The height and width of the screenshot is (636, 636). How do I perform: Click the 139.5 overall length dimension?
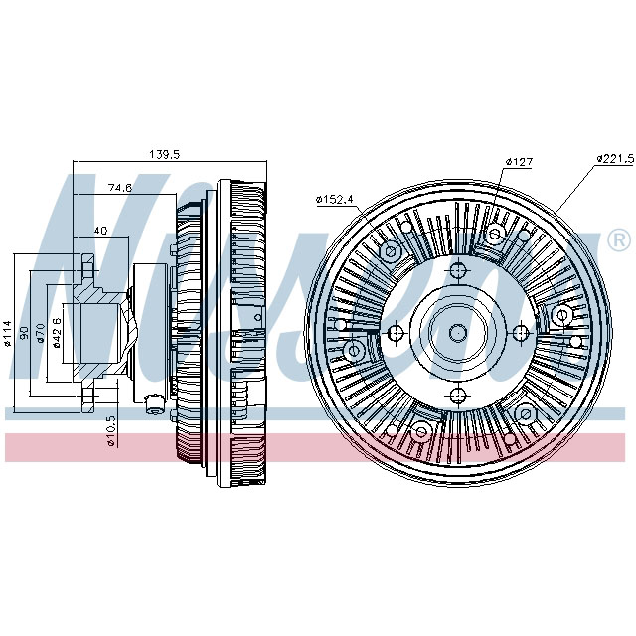click(x=164, y=154)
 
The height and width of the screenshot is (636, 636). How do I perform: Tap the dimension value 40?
click(x=99, y=231)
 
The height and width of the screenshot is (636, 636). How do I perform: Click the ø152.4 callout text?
click(x=335, y=199)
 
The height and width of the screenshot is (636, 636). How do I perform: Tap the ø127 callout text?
click(x=520, y=160)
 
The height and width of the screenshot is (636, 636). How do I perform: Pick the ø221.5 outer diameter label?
click(x=614, y=158)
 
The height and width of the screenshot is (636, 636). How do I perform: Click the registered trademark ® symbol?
click(x=617, y=239)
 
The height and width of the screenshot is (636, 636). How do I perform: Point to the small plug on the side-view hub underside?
click(x=153, y=402)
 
